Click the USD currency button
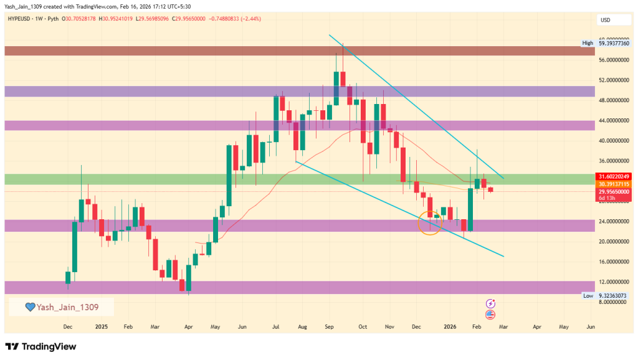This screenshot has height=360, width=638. pyautogui.click(x=605, y=20)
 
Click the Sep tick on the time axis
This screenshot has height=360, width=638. pyautogui.click(x=330, y=326)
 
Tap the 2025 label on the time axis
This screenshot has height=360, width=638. pyautogui.click(x=102, y=326)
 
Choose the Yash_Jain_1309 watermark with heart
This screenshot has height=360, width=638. pyautogui.click(x=61, y=306)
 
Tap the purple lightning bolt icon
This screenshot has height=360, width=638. pyautogui.click(x=490, y=303)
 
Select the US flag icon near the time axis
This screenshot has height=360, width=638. pyautogui.click(x=490, y=315)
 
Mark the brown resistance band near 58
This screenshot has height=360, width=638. pyautogui.click(x=299, y=50)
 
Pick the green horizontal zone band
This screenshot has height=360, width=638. pyautogui.click(x=299, y=179)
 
